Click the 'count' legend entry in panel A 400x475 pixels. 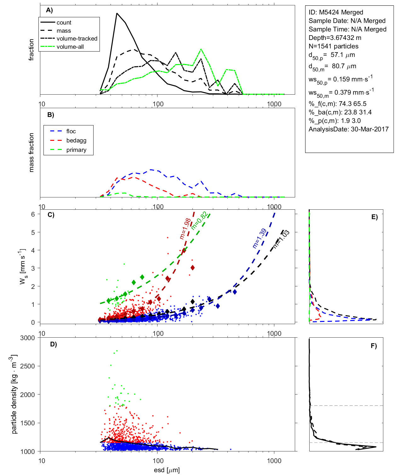[x=64, y=23]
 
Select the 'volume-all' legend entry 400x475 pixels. [x=70, y=47]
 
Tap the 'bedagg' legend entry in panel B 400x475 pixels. [x=76, y=141]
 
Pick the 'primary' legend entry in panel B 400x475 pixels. [x=76, y=150]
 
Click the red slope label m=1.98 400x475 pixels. [x=185, y=229]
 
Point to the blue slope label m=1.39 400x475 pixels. [x=260, y=239]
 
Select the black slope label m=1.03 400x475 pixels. [x=281, y=240]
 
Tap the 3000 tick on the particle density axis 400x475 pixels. [x=27, y=338]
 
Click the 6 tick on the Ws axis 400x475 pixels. [x=33, y=214]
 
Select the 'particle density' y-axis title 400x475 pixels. [x=14, y=394]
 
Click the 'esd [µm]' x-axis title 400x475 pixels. [x=167, y=470]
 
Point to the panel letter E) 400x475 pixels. [x=374, y=217]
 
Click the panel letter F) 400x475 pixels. [x=374, y=346]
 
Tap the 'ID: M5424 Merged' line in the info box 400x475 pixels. [x=336, y=12]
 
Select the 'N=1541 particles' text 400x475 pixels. [x=333, y=46]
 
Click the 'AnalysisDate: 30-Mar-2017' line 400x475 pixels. [x=348, y=129]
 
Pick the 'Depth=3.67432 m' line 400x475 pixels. [x=335, y=38]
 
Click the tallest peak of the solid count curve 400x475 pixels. [x=117, y=14]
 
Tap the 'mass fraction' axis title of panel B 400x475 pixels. [x=31, y=152]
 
